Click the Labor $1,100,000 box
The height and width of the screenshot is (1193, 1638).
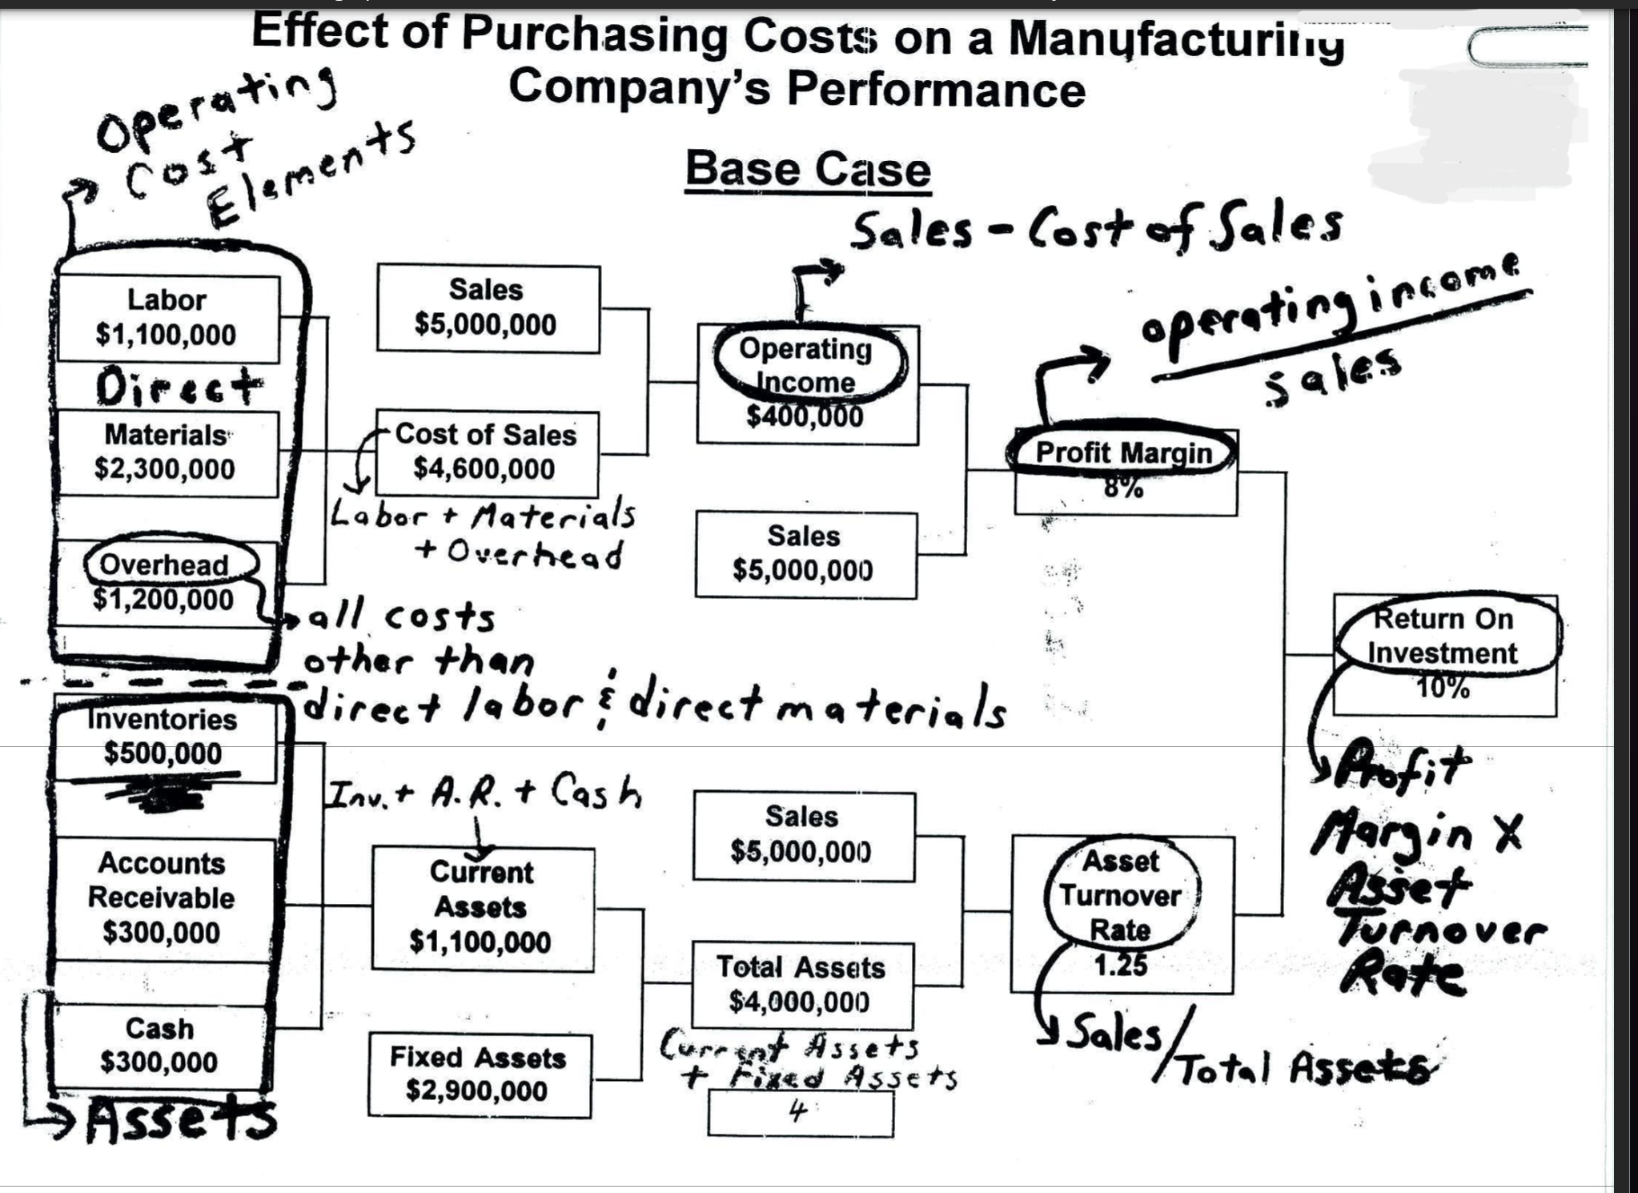click(x=167, y=318)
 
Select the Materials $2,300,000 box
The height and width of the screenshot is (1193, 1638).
click(x=166, y=453)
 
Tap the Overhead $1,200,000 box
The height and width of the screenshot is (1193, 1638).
click(x=165, y=583)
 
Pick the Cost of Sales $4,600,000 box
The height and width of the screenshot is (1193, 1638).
click(x=486, y=452)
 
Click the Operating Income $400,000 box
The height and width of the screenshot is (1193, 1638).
click(x=806, y=384)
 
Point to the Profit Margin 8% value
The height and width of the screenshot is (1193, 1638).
click(x=1124, y=488)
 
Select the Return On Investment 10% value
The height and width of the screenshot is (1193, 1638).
click(x=1443, y=688)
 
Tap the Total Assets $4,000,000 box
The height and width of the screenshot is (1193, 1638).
click(x=801, y=985)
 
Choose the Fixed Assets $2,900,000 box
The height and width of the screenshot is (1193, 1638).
click(x=479, y=1075)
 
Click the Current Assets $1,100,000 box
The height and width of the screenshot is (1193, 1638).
click(x=481, y=908)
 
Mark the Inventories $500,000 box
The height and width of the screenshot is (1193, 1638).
click(x=163, y=737)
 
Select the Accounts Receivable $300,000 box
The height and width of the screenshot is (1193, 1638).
click(x=162, y=898)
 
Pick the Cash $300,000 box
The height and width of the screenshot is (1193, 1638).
click(x=159, y=1046)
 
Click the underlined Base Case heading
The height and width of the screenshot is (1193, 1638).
click(x=807, y=171)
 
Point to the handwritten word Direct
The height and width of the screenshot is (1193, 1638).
click(x=179, y=388)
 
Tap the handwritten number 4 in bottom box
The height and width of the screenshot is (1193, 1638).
click(x=797, y=1111)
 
